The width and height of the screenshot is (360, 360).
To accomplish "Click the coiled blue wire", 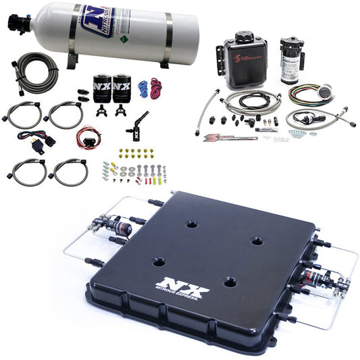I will pos(143,87).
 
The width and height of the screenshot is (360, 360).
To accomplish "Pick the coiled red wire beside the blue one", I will pos(156,86).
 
